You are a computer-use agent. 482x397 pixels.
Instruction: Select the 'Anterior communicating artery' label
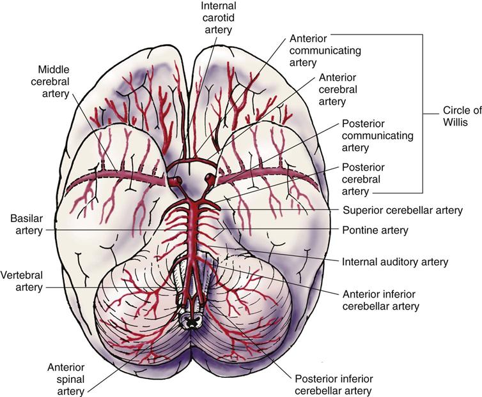click(316, 50)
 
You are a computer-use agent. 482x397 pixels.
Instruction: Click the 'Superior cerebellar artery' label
click(402, 209)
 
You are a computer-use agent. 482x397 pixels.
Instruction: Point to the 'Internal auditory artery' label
click(395, 261)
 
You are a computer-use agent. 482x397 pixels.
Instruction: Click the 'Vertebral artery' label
click(22, 281)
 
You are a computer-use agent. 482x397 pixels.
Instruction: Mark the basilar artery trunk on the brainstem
click(191, 230)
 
